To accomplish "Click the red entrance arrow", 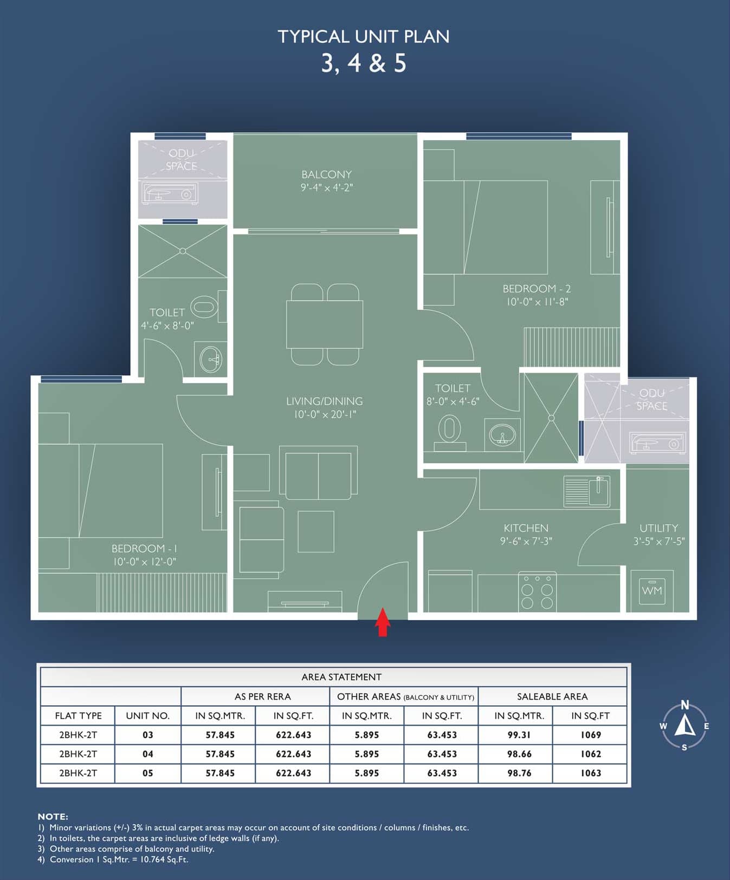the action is click(x=383, y=622).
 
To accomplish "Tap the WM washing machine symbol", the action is click(x=652, y=591).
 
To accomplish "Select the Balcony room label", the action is click(x=327, y=174).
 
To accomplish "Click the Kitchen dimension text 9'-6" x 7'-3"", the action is click(x=526, y=541).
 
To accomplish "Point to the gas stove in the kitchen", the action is click(x=537, y=591).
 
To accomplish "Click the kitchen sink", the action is click(x=587, y=491).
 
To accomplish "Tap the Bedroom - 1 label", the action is click(x=144, y=549).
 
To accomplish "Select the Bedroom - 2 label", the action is click(x=537, y=289).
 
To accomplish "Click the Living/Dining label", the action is click(x=325, y=401).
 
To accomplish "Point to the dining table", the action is click(x=325, y=324).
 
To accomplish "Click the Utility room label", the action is click(x=658, y=528).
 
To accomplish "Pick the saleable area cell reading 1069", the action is click(x=591, y=735).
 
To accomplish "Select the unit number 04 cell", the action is click(x=147, y=754).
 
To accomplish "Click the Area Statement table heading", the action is click(x=341, y=677).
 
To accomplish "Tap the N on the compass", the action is click(x=685, y=705).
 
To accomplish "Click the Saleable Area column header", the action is click(x=552, y=696).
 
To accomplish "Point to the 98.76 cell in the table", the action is click(x=519, y=773).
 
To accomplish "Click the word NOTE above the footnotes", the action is click(x=53, y=817).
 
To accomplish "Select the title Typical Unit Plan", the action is click(x=364, y=36).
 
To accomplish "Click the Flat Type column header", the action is click(x=78, y=716).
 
